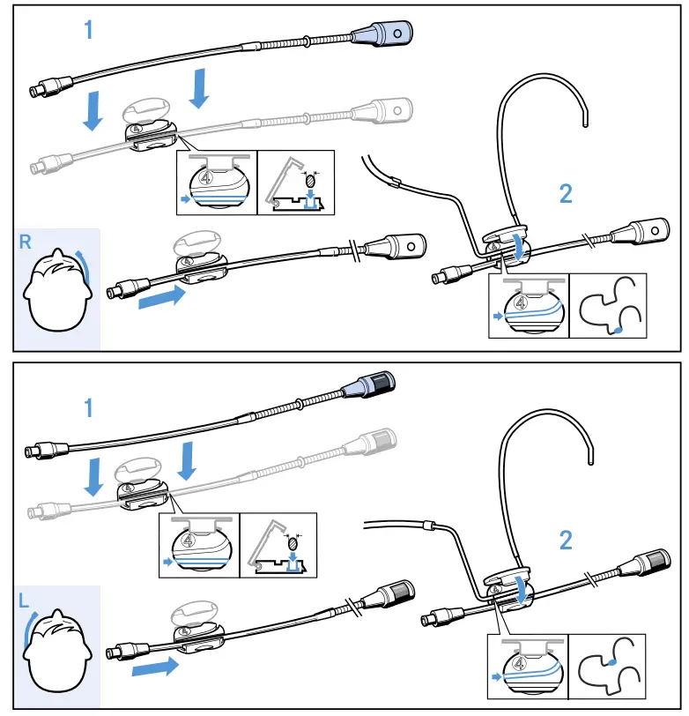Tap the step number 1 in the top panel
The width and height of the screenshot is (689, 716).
pos(88,30)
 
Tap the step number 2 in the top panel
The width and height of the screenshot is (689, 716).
pos(566,194)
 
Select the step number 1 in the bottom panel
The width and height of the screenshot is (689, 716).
pos(88,407)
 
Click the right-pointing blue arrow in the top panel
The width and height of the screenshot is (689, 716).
pos(162,296)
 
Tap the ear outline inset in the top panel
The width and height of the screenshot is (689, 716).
pos(607,306)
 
